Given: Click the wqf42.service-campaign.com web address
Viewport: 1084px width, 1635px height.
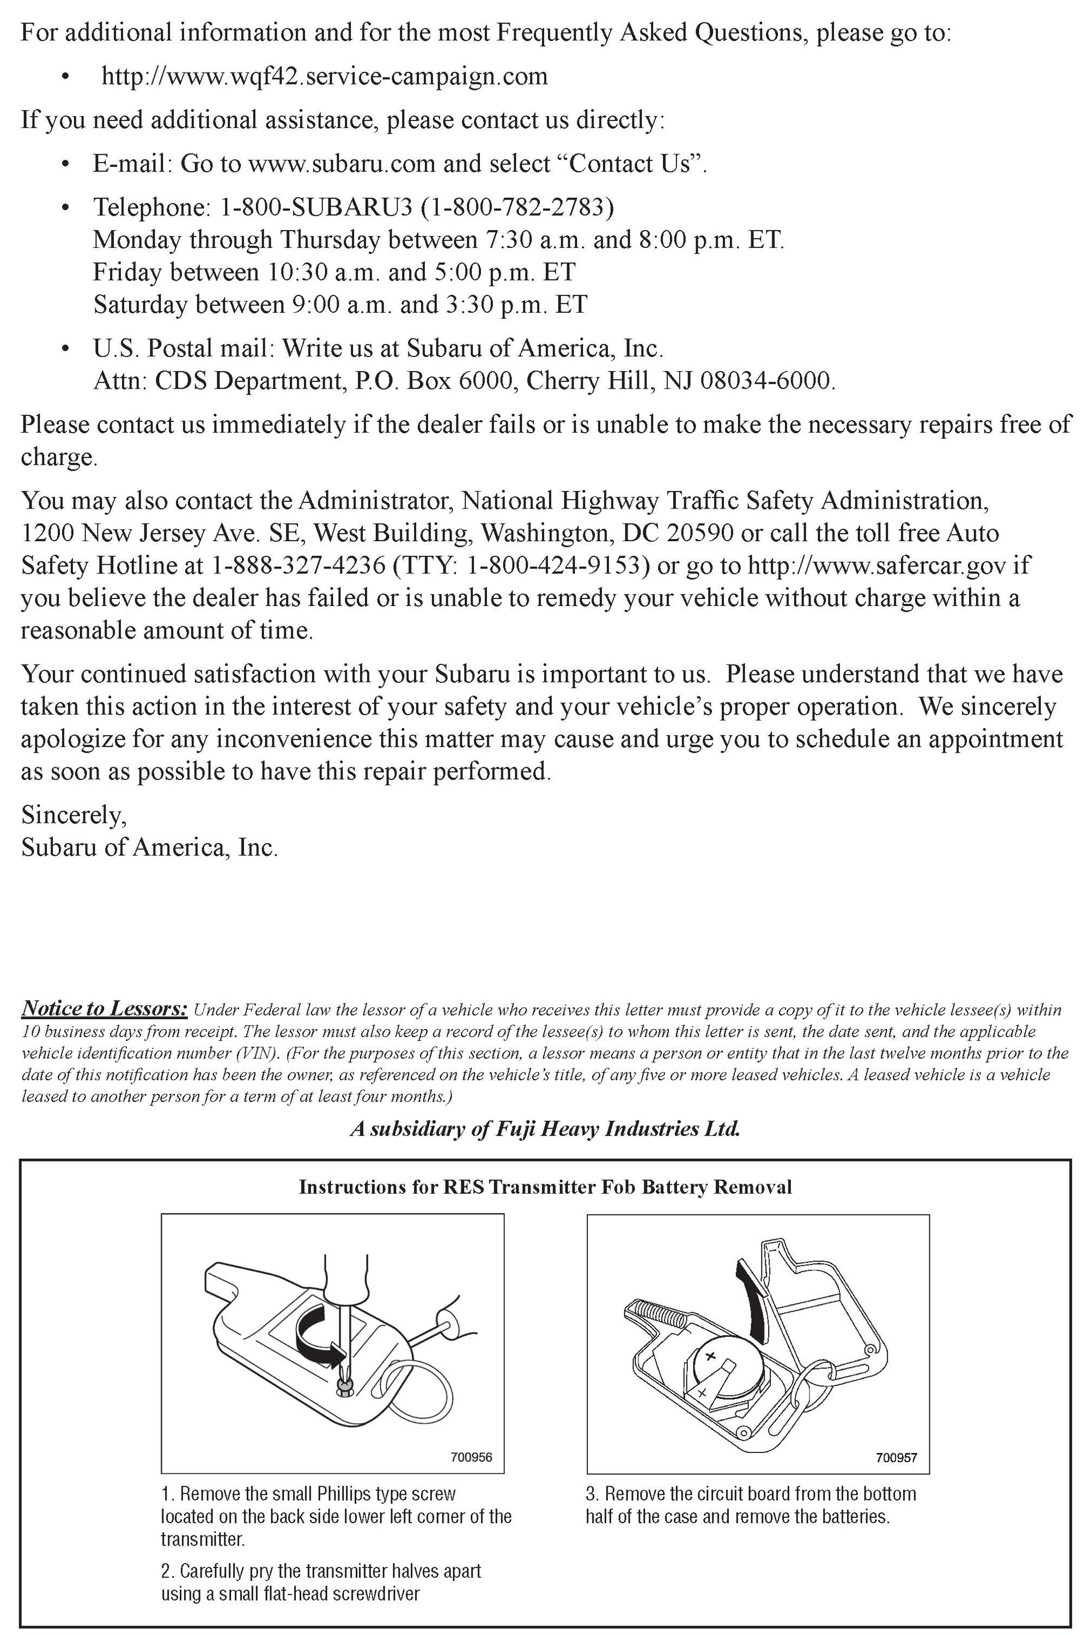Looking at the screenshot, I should [x=324, y=76].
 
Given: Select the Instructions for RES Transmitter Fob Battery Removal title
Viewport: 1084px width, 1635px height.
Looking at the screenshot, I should [x=545, y=1187].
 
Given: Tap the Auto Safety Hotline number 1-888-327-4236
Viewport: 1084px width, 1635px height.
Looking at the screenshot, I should [x=298, y=565].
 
